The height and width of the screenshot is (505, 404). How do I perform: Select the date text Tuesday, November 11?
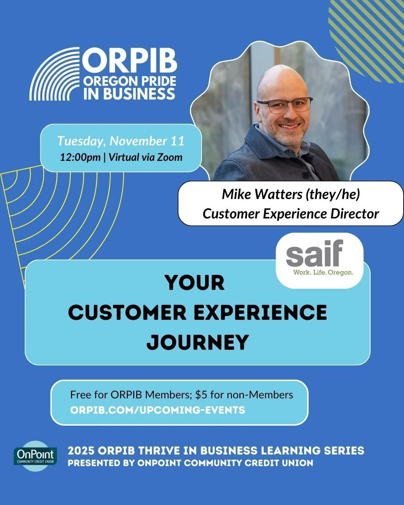pos(121,141)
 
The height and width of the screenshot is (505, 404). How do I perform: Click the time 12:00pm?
pos(80,157)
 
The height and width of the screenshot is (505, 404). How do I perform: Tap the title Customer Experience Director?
pos(291,214)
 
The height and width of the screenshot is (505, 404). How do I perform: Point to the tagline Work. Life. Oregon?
pos(323,272)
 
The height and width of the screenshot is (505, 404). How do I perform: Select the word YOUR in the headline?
pos(195,282)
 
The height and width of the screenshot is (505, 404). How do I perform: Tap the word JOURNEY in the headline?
pos(198,342)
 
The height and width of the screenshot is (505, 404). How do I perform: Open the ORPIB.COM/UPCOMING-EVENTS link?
pos(157,410)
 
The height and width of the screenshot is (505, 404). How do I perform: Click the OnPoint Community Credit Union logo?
pos(36,456)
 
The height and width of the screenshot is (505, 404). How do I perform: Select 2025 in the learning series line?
pos(80,450)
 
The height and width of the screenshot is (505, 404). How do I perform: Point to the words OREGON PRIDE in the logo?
pos(129,81)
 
